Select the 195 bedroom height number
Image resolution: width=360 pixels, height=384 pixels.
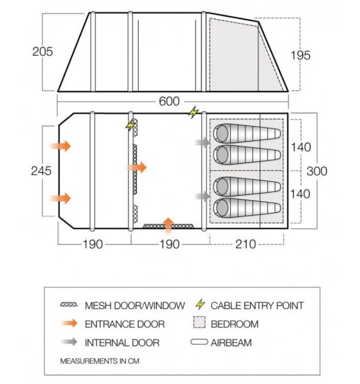tap(300, 55)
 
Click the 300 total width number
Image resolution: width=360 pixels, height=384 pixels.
tap(317, 171)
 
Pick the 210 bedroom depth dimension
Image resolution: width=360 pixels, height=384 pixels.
tap(246, 244)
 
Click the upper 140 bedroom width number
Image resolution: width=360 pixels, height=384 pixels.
tap(300, 147)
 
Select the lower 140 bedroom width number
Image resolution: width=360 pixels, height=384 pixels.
tap(300, 194)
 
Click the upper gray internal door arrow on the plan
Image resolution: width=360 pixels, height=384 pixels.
tap(203, 143)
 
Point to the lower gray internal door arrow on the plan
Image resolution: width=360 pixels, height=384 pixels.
tap(203, 196)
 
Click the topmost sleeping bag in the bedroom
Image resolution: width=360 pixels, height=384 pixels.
tap(247, 133)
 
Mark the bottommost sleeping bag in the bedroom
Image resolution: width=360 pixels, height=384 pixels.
tap(247, 207)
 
